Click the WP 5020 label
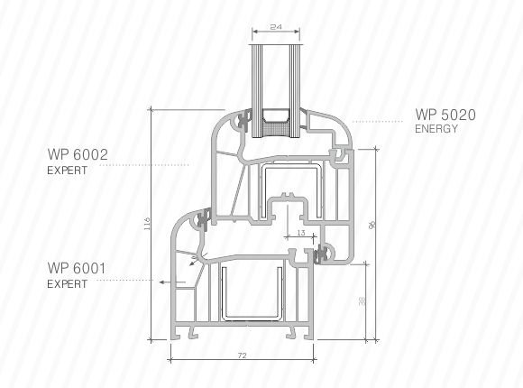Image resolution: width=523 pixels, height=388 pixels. (x=445, y=115)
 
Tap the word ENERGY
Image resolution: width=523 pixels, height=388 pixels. (x=436, y=128)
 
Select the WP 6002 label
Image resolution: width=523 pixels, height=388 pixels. (x=78, y=154)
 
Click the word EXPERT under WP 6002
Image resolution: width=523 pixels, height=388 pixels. (x=67, y=171)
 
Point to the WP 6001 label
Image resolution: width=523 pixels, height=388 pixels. (x=77, y=268)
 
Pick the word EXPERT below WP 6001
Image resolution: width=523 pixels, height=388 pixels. (x=67, y=284)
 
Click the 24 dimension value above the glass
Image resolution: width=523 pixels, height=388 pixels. (x=276, y=27)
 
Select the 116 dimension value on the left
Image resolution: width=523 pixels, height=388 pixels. (x=147, y=224)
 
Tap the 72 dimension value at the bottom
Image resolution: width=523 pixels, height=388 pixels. (x=243, y=356)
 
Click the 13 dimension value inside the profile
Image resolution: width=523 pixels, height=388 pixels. (x=301, y=233)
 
